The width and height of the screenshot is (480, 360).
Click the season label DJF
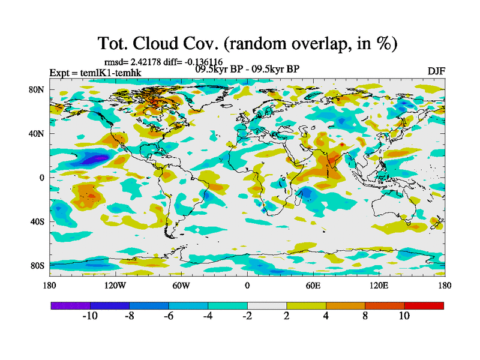(436, 72)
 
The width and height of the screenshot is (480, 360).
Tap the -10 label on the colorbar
(89, 316)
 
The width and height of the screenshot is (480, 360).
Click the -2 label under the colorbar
(247, 316)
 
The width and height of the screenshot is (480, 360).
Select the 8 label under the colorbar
(365, 316)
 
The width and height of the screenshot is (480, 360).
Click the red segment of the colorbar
(424, 305)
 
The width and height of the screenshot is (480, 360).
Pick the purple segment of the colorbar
(70, 305)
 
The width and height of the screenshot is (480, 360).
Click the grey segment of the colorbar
(266, 305)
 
